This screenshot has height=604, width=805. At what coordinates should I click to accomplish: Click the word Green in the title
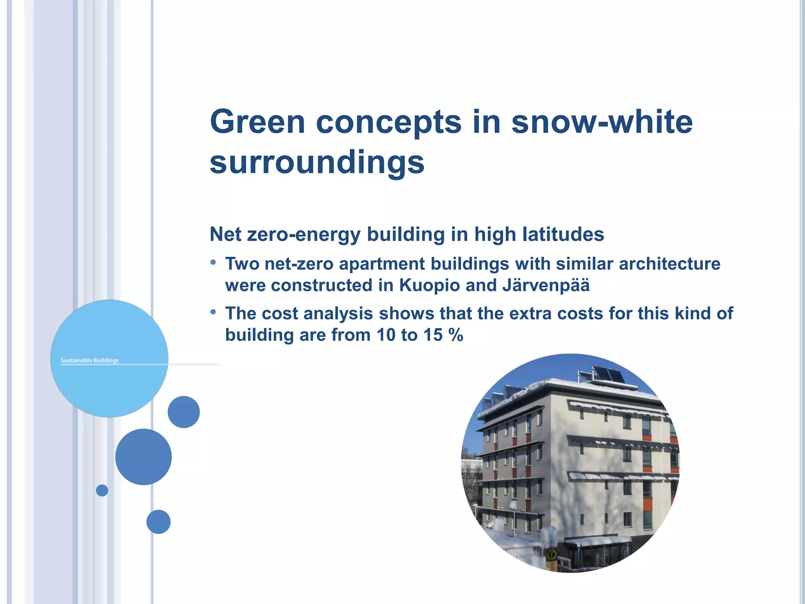[257, 122]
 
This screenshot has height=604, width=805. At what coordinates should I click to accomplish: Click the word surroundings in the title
[317, 162]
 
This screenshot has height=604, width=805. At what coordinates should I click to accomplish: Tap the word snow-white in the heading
[602, 122]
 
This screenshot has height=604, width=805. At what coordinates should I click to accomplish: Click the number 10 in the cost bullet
[386, 335]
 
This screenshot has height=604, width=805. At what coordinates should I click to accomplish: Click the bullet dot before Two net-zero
[213, 262]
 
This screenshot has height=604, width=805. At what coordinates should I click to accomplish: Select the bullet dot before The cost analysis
[213, 312]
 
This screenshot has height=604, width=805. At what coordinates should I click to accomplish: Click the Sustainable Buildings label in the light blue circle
[90, 360]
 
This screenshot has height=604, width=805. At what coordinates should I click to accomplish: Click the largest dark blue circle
[143, 457]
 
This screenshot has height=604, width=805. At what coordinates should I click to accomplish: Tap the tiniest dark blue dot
[102, 490]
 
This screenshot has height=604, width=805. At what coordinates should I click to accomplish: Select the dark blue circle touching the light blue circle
[184, 412]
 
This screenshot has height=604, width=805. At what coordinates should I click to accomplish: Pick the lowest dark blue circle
[158, 522]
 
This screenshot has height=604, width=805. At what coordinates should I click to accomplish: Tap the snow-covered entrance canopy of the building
[598, 542]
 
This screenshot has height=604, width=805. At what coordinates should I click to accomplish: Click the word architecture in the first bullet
[669, 264]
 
